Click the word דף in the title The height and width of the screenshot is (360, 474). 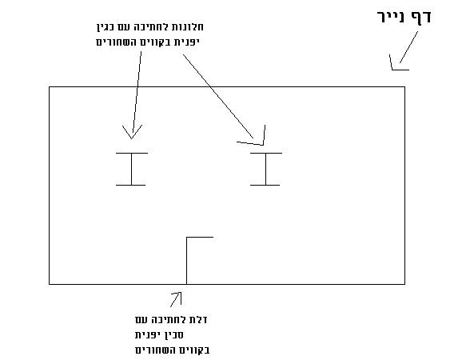(421, 17)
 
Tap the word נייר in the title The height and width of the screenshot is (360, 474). (391, 16)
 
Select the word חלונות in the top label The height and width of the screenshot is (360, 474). (188, 27)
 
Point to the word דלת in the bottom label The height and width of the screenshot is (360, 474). (198, 319)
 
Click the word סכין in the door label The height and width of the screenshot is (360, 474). (174, 335)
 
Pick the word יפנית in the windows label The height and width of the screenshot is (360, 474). (187, 42)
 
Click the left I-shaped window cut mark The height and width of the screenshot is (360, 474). (132, 169)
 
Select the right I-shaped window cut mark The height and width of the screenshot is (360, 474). (266, 169)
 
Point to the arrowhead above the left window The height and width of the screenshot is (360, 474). (132, 132)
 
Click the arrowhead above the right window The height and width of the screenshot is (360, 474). (257, 139)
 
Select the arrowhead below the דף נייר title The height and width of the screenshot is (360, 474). (396, 65)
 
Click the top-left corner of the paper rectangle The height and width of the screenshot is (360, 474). (50, 87)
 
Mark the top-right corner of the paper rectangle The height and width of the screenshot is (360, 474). (404, 87)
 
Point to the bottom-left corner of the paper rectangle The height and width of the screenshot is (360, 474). (50, 284)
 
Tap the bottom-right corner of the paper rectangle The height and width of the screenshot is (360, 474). (404, 284)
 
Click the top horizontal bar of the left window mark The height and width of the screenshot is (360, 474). (132, 153)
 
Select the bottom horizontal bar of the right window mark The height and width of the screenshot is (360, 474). (265, 185)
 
